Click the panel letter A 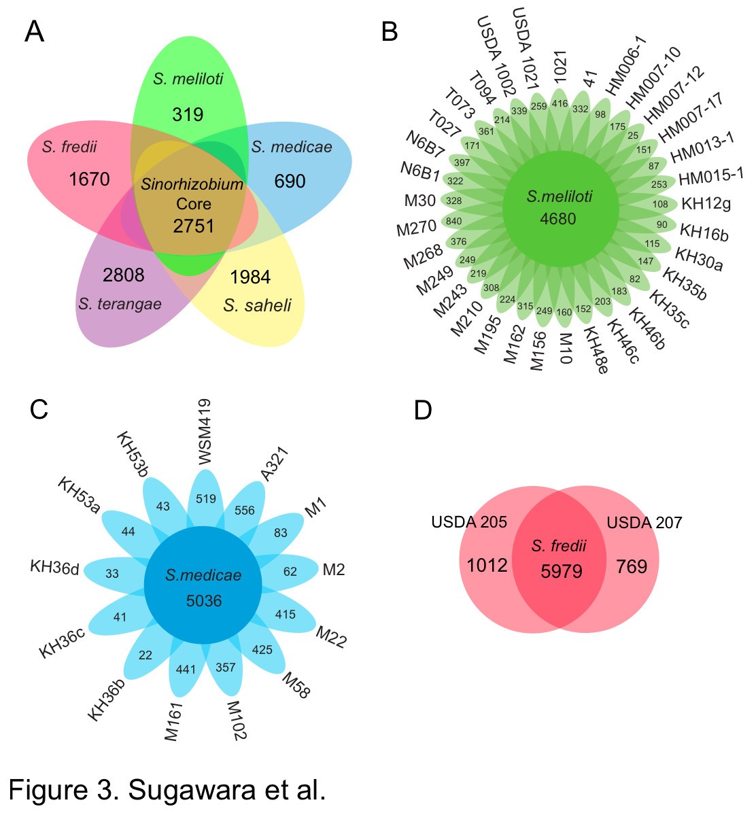coord(34,32)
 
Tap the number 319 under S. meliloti coord(188,114)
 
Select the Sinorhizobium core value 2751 coord(194,226)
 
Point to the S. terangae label coord(120,304)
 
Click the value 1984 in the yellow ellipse coord(250,277)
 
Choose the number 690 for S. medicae coord(290,181)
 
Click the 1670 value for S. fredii coord(89,179)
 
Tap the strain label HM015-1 coord(711,177)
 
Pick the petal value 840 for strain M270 coord(453,221)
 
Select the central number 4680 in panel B coord(558,219)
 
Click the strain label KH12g coord(706,203)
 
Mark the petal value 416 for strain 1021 coord(560,104)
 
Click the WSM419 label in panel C coord(205,432)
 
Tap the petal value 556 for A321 coord(245,511)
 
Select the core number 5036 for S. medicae coord(204,601)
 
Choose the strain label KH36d coord(54,567)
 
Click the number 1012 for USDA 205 coord(487,566)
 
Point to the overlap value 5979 coord(562,571)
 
